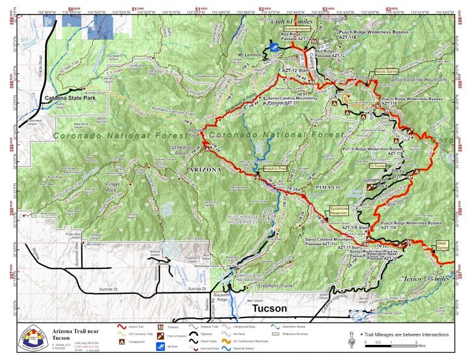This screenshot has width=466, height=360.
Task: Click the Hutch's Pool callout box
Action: pyautogui.click(x=274, y=168)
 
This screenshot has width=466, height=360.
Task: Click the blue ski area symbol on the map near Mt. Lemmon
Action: pyautogui.click(x=274, y=47)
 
